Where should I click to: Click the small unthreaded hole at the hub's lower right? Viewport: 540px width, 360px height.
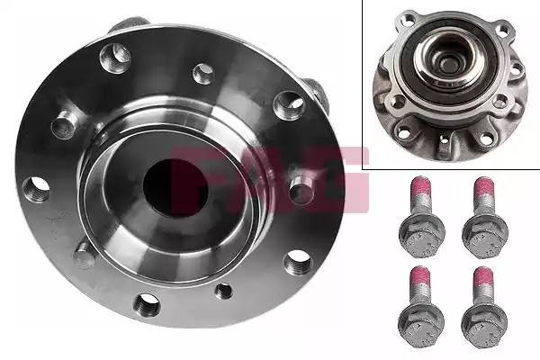pos(224,290)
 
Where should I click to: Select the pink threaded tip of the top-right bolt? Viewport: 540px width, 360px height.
pos(481,193)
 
